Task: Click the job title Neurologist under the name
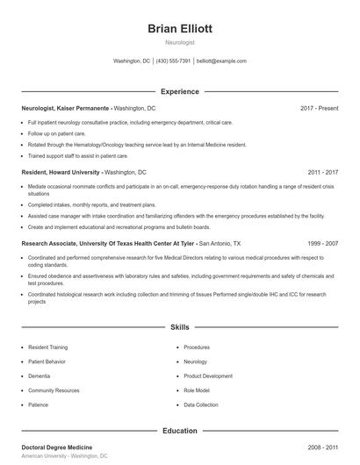(x=180, y=42)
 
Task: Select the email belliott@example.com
(x=221, y=61)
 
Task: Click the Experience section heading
(x=180, y=91)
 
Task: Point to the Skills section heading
(x=180, y=327)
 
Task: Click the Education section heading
(x=180, y=431)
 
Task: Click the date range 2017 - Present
(x=319, y=108)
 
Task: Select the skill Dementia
(x=40, y=376)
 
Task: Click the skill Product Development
(x=208, y=376)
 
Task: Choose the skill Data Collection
(x=201, y=405)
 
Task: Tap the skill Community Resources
(x=54, y=390)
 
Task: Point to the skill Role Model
(x=197, y=390)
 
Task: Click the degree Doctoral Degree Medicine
(x=57, y=447)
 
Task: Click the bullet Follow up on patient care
(x=56, y=132)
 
